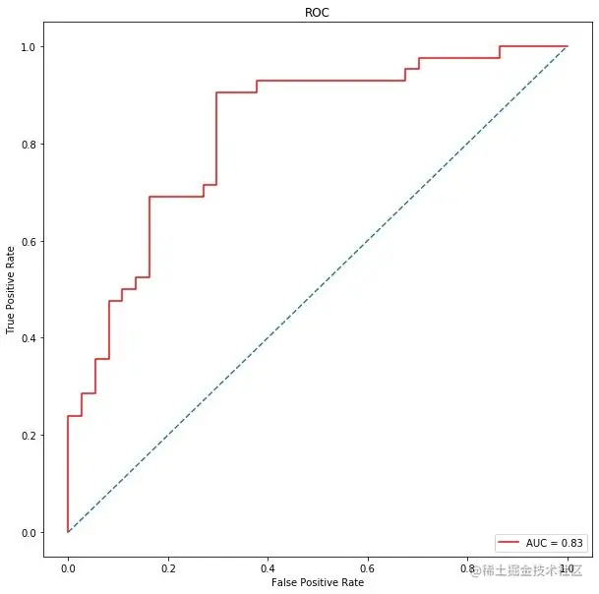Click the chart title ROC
317,14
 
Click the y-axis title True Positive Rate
13,289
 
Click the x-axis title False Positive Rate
317,582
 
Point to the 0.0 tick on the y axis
29,532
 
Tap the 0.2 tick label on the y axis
29,435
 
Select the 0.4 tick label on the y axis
29,338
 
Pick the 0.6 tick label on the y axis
29,241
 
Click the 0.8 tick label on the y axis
29,145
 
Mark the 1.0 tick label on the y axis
29,47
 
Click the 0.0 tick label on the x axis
67,567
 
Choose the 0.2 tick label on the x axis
167,567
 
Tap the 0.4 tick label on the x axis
268,567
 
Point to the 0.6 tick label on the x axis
368,567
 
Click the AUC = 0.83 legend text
555,542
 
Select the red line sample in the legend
509,542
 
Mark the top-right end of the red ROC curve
568,46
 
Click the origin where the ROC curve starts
67,532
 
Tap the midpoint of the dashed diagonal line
318,289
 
